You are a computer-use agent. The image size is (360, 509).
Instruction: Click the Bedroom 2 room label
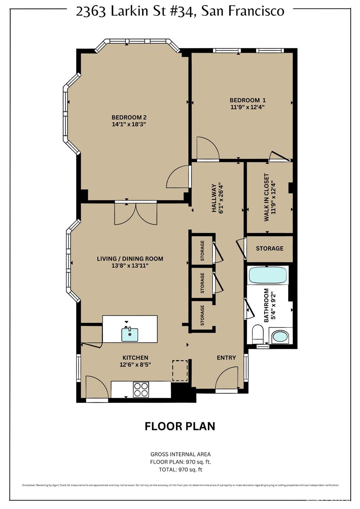pos(129,118)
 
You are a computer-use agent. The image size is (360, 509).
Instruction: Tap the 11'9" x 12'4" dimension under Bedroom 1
pos(247,107)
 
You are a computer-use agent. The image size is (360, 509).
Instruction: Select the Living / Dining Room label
pos(130,259)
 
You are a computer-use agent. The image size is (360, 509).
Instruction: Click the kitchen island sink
pos(130,335)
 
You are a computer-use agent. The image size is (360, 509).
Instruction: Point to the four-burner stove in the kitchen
pos(141,389)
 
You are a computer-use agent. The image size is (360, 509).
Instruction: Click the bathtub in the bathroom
pos(267,275)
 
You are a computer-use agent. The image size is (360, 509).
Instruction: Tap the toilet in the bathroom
pos(258,334)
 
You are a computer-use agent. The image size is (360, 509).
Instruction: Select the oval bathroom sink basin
pos(280,337)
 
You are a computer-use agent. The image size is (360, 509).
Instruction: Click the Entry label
pos(226,357)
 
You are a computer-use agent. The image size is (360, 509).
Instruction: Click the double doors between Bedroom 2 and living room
pos(136,213)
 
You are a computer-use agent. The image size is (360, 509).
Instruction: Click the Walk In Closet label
pos(267,197)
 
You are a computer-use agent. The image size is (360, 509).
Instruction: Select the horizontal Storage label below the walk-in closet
pos(269,248)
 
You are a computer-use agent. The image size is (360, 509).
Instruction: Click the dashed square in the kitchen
pos(180,371)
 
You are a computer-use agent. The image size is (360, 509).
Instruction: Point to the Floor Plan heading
pos(180,426)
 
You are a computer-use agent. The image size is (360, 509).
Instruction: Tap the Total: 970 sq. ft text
pos(180,470)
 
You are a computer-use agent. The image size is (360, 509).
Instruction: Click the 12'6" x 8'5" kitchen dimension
pos(135,365)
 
